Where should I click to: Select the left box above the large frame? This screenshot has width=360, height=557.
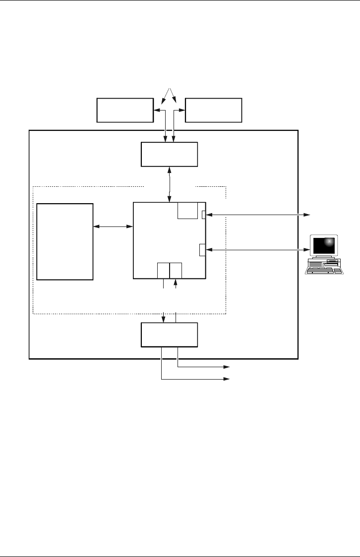click(124, 110)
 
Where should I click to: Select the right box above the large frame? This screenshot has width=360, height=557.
click(213, 110)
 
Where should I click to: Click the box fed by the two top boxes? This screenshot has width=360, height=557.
click(169, 155)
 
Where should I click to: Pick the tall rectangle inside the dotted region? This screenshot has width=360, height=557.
click(65, 241)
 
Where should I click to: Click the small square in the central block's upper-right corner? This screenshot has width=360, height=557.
click(187, 210)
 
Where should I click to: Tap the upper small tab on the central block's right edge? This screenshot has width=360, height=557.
click(204, 215)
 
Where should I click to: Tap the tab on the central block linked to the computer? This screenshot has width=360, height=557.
click(202, 250)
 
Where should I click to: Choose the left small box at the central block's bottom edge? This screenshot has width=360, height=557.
click(163, 270)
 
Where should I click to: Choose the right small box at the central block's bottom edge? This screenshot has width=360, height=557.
click(176, 270)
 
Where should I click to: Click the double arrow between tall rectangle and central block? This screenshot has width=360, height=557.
click(114, 226)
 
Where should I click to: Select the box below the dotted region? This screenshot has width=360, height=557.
click(169, 335)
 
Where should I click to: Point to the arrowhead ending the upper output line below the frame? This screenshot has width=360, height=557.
click(229, 367)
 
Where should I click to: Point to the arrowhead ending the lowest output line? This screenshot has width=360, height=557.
click(229, 379)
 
